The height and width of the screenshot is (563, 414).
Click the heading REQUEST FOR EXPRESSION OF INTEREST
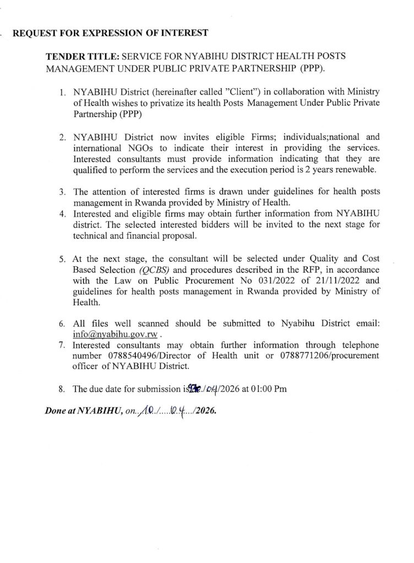click(110, 34)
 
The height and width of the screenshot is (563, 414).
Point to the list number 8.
click(63, 389)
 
